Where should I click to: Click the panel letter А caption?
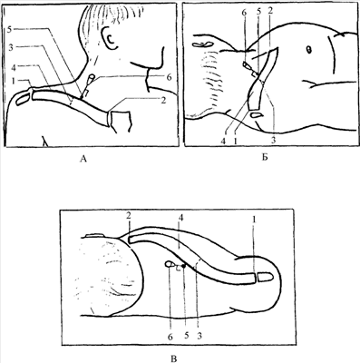tap(83, 159)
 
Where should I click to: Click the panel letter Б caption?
tap(265, 158)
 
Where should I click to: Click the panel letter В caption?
tap(174, 358)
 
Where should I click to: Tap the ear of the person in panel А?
tap(110, 37)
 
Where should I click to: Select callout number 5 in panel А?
tap(10, 29)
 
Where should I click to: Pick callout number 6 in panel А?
tap(170, 78)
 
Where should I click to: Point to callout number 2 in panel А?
tap(163, 100)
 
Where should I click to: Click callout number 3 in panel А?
tap(11, 48)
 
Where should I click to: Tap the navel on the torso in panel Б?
tap(309, 50)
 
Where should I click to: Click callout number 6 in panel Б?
tap(245, 13)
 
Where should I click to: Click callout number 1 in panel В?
tap(254, 219)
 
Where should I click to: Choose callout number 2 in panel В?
tap(129, 216)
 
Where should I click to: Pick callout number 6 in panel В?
tap(170, 337)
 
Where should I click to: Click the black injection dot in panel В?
tap(183, 265)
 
